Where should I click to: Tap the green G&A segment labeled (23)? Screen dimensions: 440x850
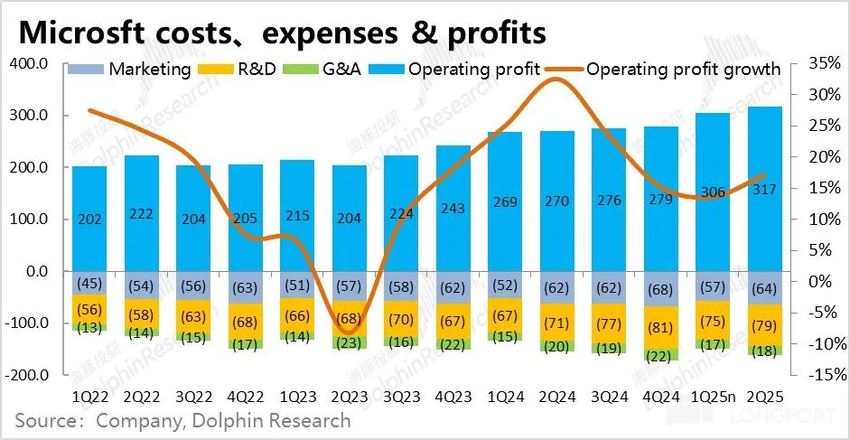[349, 342]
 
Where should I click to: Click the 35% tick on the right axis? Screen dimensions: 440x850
[816, 63]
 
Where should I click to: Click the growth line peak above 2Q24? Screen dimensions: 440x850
[556, 80]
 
